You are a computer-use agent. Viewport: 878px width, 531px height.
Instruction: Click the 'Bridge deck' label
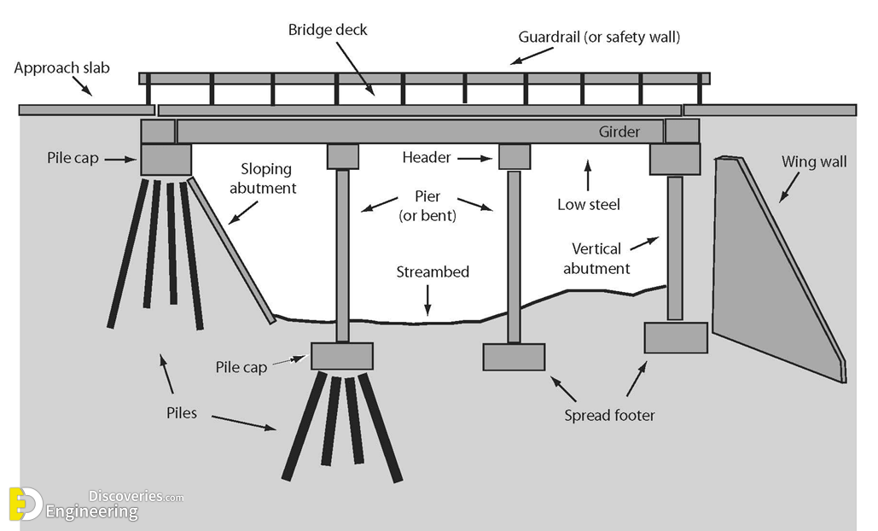click(328, 30)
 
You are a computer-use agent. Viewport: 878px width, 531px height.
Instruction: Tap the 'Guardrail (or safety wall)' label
click(599, 38)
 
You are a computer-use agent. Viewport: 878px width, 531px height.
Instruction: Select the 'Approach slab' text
click(61, 67)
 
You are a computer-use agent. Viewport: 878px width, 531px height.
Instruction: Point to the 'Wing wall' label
click(814, 161)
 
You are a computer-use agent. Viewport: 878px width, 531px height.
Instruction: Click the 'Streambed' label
click(433, 272)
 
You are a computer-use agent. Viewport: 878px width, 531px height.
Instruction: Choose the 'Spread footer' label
click(609, 416)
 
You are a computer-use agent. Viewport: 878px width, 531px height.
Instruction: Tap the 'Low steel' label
click(588, 204)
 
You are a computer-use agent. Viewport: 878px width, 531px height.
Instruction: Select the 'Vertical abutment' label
click(596, 258)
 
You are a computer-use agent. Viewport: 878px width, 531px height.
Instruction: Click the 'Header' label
click(426, 157)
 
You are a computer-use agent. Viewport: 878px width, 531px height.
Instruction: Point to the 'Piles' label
click(182, 413)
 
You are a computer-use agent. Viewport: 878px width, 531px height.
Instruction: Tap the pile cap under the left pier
click(341, 356)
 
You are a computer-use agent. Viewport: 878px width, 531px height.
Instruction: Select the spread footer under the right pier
click(514, 357)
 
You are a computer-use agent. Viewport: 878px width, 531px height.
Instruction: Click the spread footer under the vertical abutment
click(675, 337)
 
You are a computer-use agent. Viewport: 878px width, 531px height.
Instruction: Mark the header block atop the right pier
click(514, 157)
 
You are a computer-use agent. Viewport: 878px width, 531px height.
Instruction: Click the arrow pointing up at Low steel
click(587, 174)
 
